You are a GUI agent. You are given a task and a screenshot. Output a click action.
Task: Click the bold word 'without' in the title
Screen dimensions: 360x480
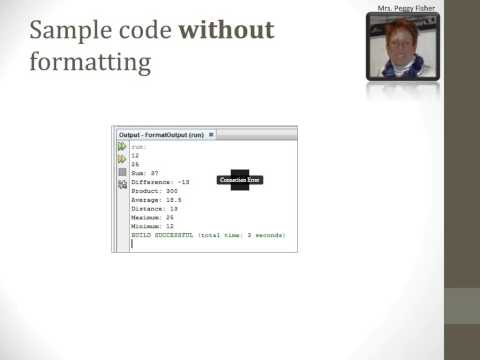click(226, 30)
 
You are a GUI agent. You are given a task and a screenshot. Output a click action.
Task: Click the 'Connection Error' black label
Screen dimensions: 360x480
click(239, 180)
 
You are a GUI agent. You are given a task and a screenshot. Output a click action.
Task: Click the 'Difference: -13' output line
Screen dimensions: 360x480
click(160, 182)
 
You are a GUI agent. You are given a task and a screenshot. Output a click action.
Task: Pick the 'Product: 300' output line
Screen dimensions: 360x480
click(153, 191)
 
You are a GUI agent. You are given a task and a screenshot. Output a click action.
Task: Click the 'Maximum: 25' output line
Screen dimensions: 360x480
click(153, 217)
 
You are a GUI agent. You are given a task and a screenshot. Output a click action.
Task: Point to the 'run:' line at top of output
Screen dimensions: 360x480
click(138, 146)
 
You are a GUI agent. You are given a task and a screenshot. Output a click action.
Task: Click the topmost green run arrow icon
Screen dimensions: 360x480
click(122, 147)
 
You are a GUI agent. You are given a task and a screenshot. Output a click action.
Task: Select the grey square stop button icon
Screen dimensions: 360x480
click(122, 172)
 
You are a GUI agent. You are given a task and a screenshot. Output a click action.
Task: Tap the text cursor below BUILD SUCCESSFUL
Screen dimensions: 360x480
click(132, 243)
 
